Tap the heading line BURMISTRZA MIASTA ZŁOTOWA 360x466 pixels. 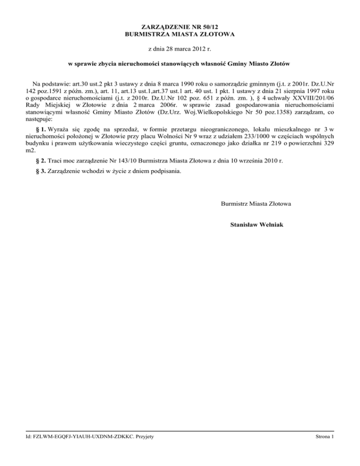point(180,34)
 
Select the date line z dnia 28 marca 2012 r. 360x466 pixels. point(180,48)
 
